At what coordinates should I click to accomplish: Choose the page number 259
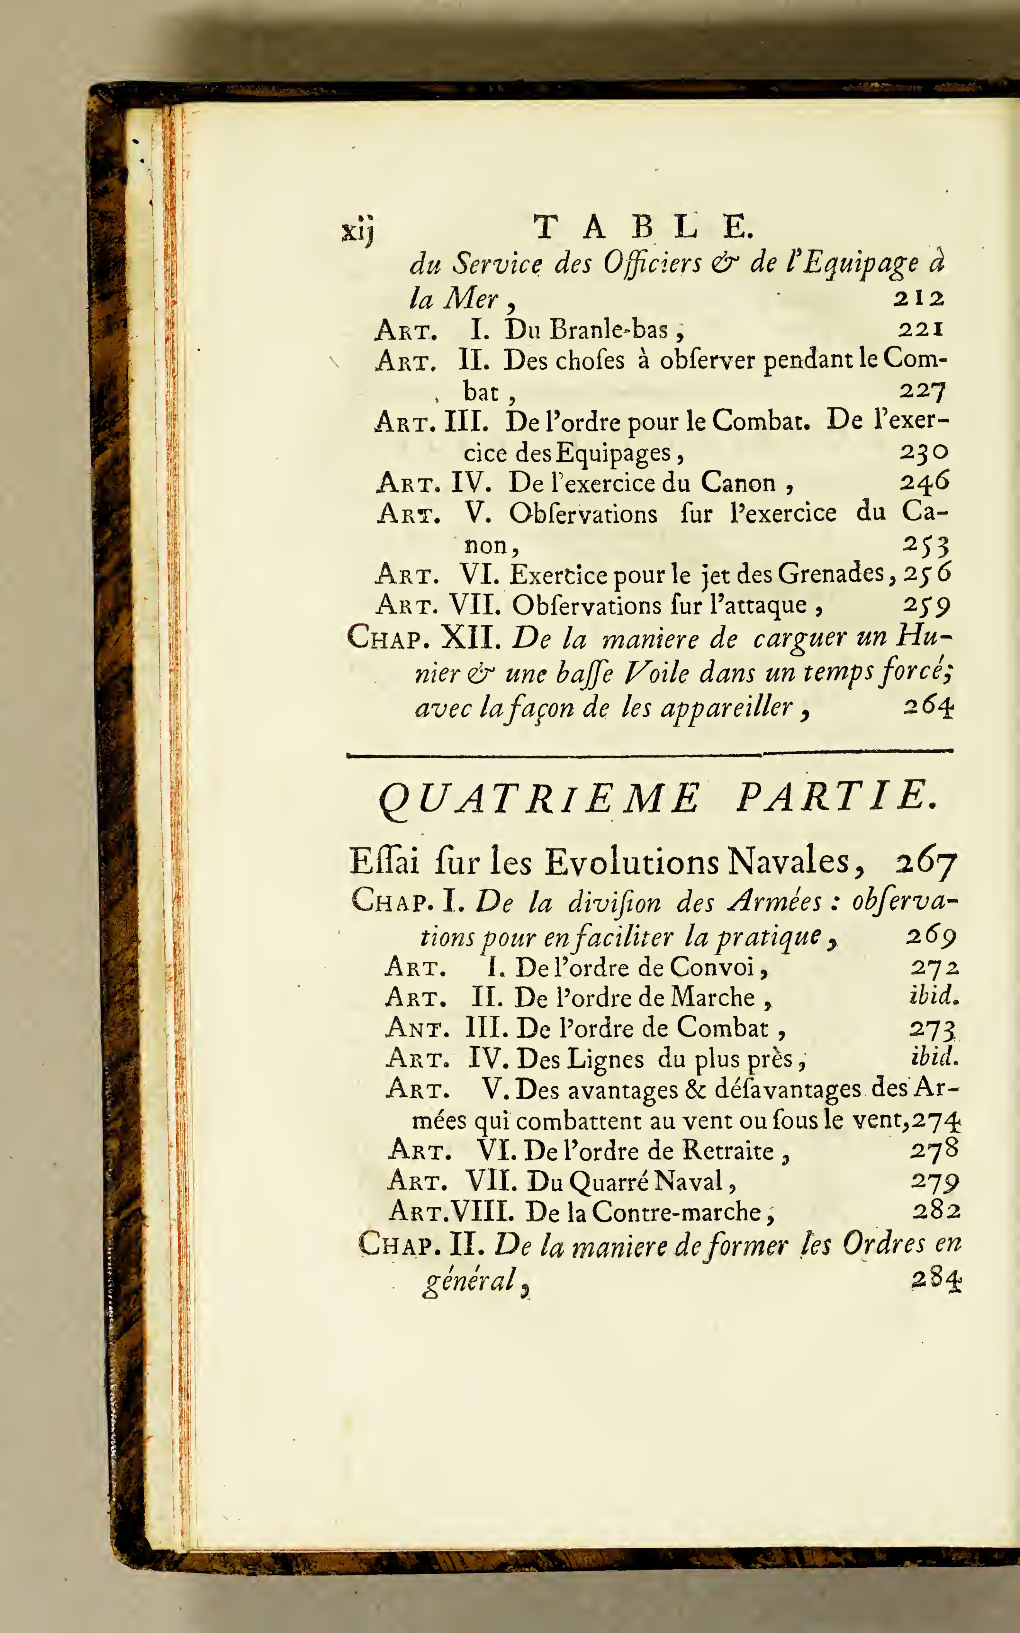pos(926,605)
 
